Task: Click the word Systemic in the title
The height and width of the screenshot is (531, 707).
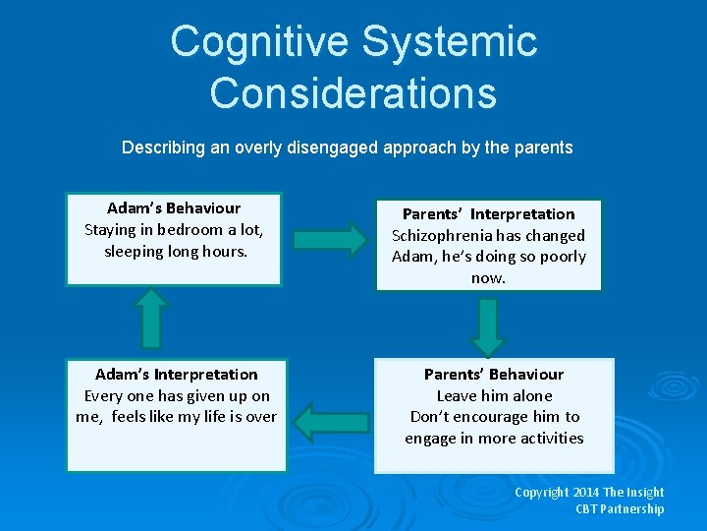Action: pyautogui.click(x=449, y=41)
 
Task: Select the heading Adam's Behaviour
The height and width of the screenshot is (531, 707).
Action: pyautogui.click(x=174, y=207)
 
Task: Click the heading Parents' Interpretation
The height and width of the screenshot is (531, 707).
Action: pyautogui.click(x=489, y=213)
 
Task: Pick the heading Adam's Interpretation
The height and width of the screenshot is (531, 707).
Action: pyautogui.click(x=177, y=374)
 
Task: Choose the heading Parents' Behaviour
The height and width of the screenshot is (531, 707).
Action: pyautogui.click(x=494, y=374)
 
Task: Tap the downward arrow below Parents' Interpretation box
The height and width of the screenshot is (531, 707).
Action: pyautogui.click(x=488, y=327)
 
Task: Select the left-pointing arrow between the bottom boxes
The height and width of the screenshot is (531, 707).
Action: pyautogui.click(x=330, y=421)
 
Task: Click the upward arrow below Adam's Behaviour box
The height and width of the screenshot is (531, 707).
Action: pyautogui.click(x=149, y=317)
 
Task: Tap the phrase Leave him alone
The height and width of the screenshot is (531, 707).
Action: pyautogui.click(x=494, y=395)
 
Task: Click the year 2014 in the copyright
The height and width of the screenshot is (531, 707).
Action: pyautogui.click(x=586, y=492)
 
